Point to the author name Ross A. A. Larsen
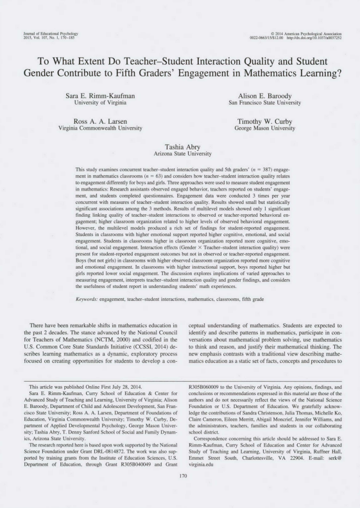click(100, 121)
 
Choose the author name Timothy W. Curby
click(264, 121)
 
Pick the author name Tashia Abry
click(183, 146)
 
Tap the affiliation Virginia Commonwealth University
click(100, 128)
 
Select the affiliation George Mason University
click(264, 128)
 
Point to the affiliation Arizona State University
click(183, 153)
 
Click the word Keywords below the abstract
click(88, 300)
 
